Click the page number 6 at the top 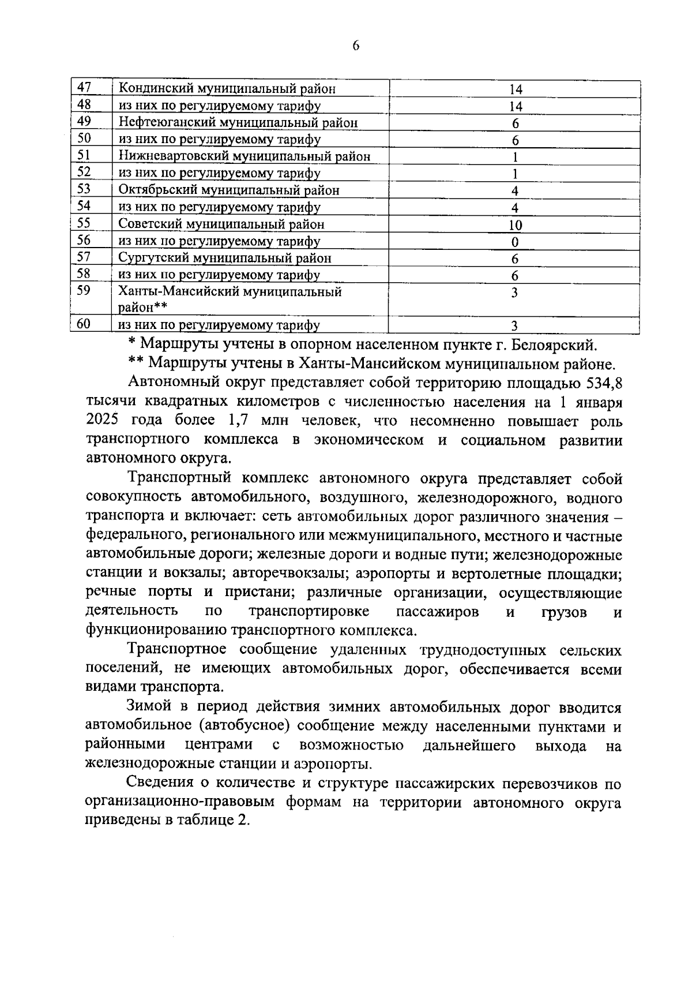pos(355,46)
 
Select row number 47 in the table pos(85,88)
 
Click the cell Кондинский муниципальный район pos(227,89)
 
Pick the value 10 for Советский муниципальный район pos(515,225)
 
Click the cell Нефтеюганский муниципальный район pos(238,123)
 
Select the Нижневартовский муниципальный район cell pos(244,156)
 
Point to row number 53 pos(85,189)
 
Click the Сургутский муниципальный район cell pos(225,258)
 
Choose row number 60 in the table pos(85,324)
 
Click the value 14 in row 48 pos(515,106)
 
